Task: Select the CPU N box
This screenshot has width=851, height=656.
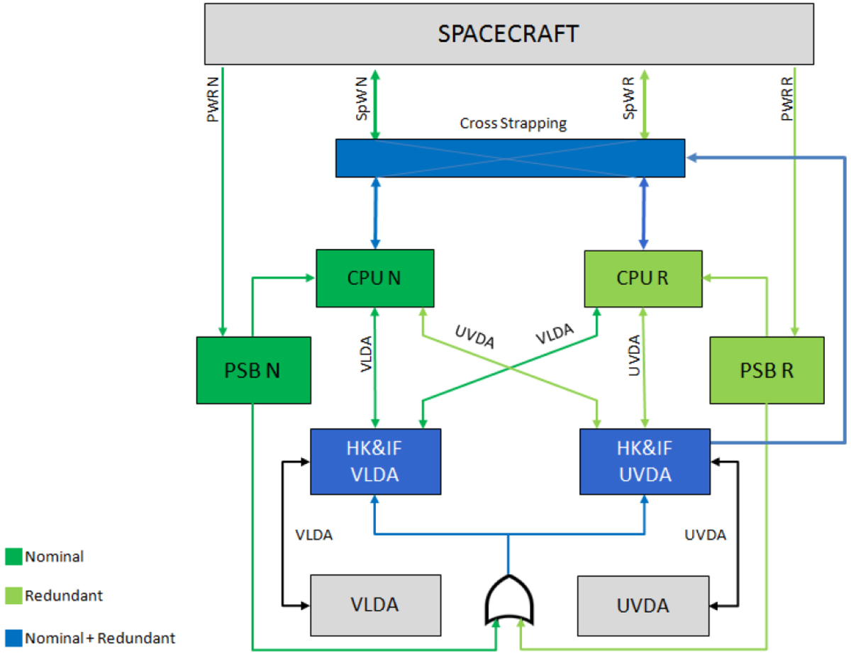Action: pos(374,279)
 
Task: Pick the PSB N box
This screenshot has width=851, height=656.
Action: pos(253,371)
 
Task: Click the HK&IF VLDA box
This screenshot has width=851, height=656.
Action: pos(375,461)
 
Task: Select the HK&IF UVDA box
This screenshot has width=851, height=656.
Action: pos(645,461)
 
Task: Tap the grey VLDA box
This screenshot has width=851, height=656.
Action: pos(375,605)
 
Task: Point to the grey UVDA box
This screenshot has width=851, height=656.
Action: pos(643,606)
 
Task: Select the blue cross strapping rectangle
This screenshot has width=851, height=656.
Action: pos(510,157)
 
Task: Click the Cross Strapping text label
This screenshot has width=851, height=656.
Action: pos(513,123)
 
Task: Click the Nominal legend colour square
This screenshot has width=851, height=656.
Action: pos(13,557)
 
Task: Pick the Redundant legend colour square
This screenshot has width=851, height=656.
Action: pos(13,596)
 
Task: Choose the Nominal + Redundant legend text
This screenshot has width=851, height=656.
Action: pos(100,638)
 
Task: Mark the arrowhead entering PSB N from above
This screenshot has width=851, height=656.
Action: pos(223,331)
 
